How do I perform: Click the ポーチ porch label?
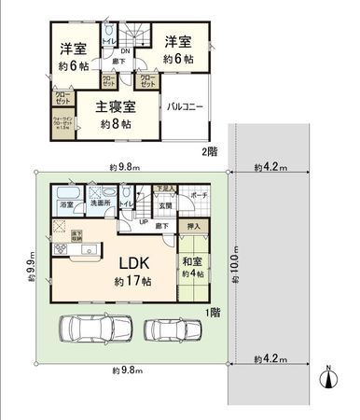click(199, 196)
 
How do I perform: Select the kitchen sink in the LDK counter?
click(90, 249)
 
